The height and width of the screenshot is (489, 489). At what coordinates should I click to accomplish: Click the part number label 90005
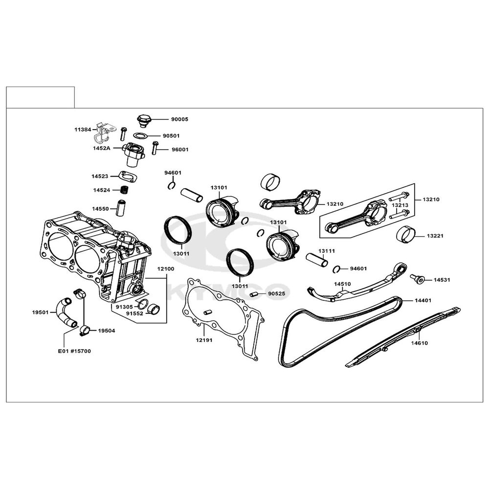click(179, 119)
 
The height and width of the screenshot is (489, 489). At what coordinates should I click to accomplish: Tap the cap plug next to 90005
click(144, 121)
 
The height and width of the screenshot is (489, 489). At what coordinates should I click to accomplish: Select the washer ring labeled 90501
click(140, 135)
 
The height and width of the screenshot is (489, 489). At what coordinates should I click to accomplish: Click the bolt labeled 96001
click(155, 148)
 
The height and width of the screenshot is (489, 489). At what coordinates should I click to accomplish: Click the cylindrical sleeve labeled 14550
click(121, 208)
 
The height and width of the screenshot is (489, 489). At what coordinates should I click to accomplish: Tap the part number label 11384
click(83, 130)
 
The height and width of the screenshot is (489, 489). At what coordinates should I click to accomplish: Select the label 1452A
click(101, 149)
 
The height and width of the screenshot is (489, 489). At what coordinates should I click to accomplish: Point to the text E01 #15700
click(74, 351)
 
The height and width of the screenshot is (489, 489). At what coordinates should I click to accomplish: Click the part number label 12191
click(204, 340)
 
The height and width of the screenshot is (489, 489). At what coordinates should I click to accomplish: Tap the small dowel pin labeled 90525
click(255, 294)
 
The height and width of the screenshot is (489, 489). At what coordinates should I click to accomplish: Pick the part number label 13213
click(400, 205)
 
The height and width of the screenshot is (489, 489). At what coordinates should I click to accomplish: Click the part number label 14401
click(423, 301)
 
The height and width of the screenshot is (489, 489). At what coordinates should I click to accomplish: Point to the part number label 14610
click(419, 343)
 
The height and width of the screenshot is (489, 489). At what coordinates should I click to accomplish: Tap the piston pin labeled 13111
click(317, 260)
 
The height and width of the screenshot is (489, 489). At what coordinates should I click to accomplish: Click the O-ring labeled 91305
click(143, 304)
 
